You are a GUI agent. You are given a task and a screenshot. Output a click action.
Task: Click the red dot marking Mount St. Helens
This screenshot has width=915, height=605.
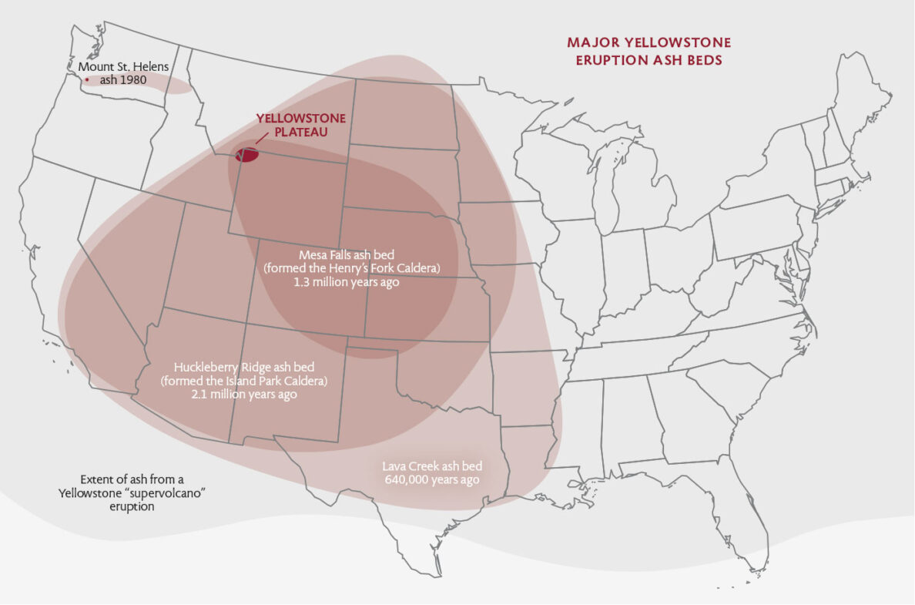coord(87,80)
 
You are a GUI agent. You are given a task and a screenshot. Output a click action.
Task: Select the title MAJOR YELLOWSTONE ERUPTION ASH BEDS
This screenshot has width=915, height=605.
coord(649,51)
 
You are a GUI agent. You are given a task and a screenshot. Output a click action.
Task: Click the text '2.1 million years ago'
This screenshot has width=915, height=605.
coord(244,394)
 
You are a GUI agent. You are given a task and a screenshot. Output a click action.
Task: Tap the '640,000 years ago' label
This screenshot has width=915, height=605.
coord(431,479)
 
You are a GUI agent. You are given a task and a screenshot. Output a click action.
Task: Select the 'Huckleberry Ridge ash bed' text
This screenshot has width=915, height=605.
coord(244,366)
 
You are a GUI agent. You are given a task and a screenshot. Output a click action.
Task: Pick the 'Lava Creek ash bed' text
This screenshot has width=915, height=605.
coord(432,466)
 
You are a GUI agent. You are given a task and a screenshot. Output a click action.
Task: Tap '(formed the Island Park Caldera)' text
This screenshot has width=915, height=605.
coord(244,380)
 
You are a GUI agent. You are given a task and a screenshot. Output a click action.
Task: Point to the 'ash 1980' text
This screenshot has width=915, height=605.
coord(122,79)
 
